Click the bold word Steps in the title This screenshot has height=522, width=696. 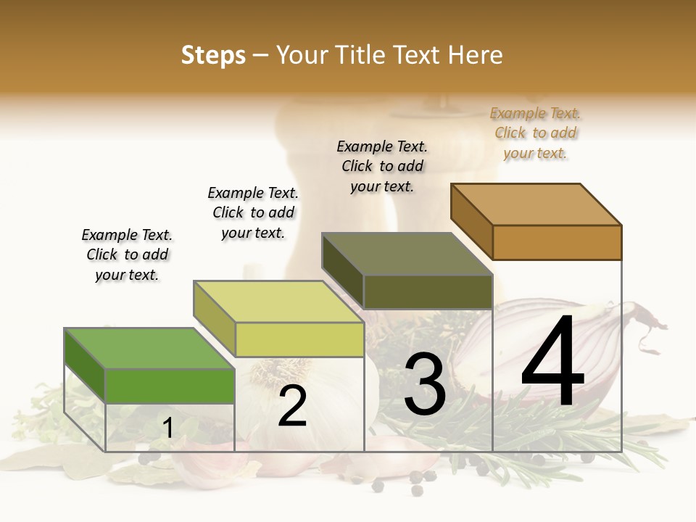coord(213,55)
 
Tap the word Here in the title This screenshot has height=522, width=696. coord(475,55)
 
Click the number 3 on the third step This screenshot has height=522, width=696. coord(425,384)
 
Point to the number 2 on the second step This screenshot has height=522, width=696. coord(292,406)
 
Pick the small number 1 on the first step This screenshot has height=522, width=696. coord(168,428)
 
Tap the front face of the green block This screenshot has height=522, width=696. coord(170,386)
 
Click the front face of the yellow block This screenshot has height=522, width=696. coord(299,339)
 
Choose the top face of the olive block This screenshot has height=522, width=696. coord(407,254)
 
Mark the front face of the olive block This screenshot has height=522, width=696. coord(428,291)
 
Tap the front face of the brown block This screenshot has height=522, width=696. coord(557,242)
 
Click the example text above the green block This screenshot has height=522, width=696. coord(127,254)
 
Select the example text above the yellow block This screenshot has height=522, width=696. coord(253,212)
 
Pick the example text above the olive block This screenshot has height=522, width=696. coord(382,166)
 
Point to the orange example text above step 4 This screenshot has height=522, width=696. coord(535,133)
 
